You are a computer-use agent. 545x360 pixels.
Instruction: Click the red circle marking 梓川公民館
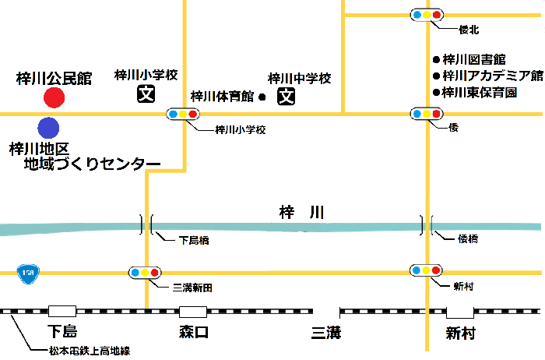point(54,97)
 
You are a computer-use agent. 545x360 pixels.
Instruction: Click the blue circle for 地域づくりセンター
point(48,127)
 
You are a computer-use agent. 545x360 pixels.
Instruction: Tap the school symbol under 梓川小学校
point(146,96)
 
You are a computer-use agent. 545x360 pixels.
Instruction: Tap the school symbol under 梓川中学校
point(287,97)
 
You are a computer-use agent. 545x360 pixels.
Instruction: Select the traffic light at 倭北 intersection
point(427,15)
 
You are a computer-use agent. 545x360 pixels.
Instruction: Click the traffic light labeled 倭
point(427,115)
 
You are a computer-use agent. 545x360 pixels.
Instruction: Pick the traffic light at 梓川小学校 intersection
point(182,115)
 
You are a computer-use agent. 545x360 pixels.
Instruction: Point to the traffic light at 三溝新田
point(145,273)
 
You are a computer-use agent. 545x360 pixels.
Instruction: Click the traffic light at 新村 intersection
point(427,270)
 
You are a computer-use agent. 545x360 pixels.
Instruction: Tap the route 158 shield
point(29,272)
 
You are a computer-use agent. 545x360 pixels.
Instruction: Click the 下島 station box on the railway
point(62,311)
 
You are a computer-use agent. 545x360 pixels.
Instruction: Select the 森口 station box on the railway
point(193,311)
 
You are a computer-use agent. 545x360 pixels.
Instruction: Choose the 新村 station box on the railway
point(460,311)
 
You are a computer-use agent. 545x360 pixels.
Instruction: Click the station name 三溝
point(326,334)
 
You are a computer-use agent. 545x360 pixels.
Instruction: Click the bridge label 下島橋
point(194,241)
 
